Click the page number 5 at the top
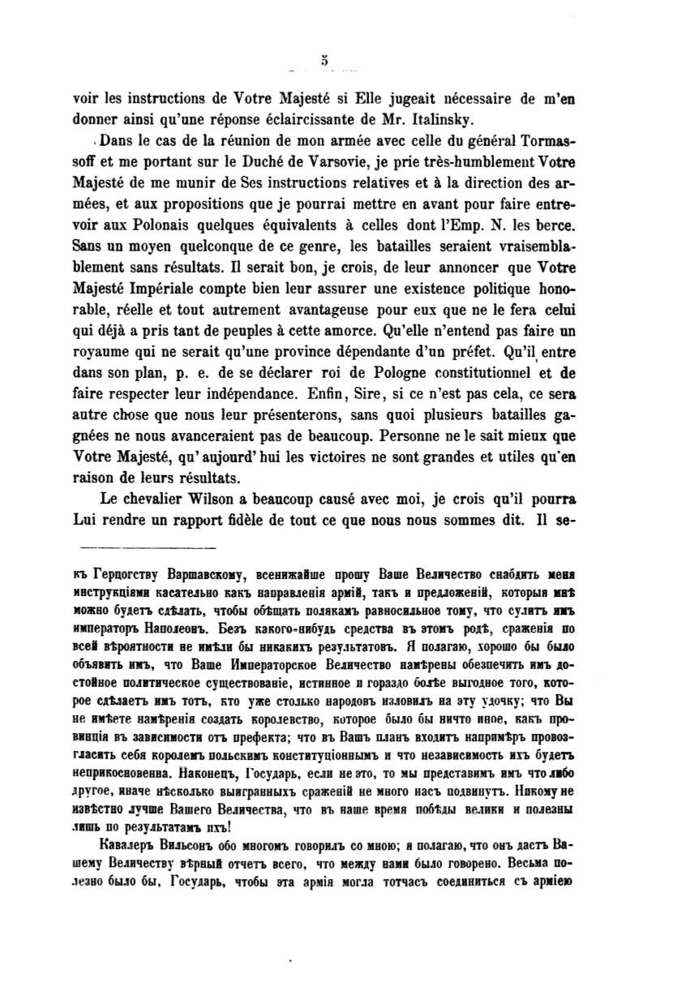coord(323,58)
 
